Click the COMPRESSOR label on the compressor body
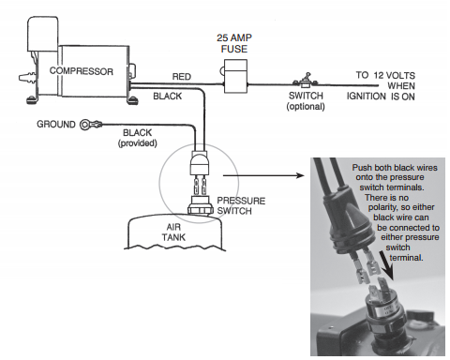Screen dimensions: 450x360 (x=82, y=71)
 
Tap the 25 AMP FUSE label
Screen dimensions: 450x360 (x=234, y=43)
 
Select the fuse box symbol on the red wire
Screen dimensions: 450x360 (x=235, y=77)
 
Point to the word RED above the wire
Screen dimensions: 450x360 (x=182, y=77)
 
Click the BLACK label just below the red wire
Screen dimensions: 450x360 (x=168, y=96)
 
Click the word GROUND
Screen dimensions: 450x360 (x=56, y=124)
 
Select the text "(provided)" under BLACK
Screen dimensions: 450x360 (x=138, y=143)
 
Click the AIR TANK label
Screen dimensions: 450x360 (x=173, y=232)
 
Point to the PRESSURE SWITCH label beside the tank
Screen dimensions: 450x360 (x=241, y=205)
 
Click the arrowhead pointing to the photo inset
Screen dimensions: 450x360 (x=300, y=175)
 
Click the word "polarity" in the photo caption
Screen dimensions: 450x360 (x=384, y=207)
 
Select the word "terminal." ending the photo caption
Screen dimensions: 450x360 (x=406, y=258)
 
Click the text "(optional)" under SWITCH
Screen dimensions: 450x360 (x=306, y=107)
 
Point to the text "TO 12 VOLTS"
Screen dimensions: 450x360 (x=385, y=75)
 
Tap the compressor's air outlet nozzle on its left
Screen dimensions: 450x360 (x=27, y=78)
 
